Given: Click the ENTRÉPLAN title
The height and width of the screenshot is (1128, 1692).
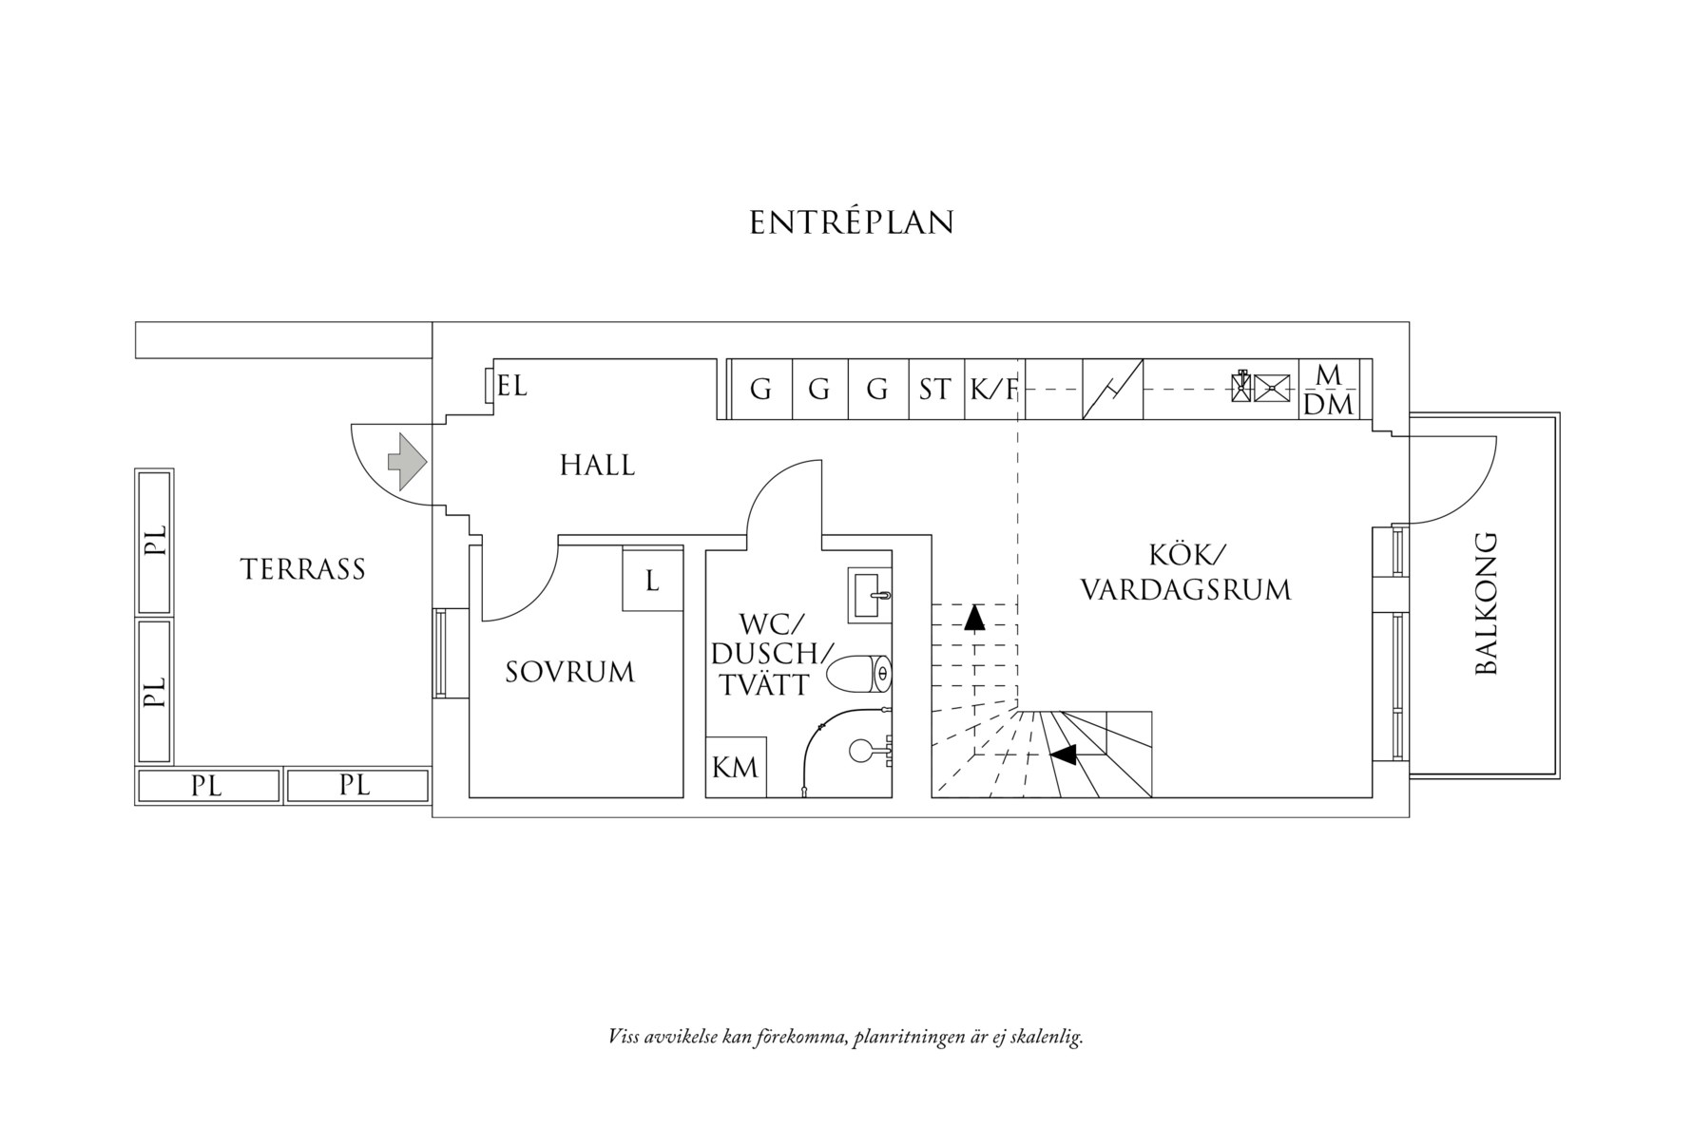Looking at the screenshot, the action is (x=851, y=222).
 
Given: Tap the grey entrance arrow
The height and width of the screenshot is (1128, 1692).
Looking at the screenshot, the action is (x=406, y=462).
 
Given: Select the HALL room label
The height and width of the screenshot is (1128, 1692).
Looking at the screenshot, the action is (x=597, y=466).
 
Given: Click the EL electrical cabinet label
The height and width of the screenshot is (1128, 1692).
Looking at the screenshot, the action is (x=511, y=387).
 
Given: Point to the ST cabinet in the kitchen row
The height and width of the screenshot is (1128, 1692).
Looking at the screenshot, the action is (x=936, y=389).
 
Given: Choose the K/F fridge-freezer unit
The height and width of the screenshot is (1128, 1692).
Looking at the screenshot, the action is (x=994, y=389).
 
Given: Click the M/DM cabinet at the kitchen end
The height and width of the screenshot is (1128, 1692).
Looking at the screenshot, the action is (x=1330, y=389).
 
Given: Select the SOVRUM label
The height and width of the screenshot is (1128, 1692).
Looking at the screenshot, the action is (x=569, y=673).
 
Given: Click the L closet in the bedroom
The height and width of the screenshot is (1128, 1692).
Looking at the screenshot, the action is (x=653, y=580).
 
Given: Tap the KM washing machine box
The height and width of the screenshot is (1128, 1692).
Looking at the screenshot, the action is (x=736, y=766).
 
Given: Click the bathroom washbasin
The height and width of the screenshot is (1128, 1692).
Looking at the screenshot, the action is (x=870, y=594).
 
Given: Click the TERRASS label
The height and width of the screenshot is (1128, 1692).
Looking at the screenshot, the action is (x=303, y=569).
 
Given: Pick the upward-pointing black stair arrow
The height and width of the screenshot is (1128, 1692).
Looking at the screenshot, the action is (x=973, y=618).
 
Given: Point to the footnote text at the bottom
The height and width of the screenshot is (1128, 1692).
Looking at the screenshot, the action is (x=846, y=1037).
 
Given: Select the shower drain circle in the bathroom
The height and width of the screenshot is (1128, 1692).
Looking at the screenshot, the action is (x=859, y=751).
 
